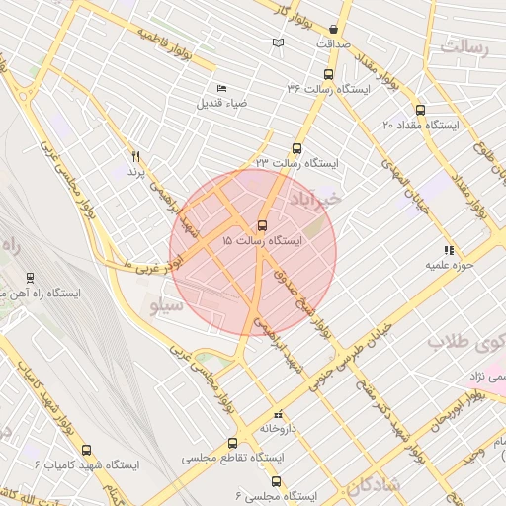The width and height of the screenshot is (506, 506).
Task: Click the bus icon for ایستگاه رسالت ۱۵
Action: coord(262,225)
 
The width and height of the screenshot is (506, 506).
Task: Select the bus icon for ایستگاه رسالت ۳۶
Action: coord(328,74)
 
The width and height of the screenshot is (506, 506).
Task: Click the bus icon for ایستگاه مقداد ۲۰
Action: coord(421,111)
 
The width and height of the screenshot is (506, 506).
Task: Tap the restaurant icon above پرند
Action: coord(135,156)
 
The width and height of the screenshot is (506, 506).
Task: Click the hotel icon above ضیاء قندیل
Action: coord(220,88)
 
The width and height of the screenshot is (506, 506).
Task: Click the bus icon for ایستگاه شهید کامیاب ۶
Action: coord(86,449)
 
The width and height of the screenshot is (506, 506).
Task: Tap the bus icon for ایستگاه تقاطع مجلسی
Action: coord(233,444)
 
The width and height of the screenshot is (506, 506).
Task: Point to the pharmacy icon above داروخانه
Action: coord(278,414)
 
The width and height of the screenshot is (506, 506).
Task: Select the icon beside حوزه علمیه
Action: coord(449,249)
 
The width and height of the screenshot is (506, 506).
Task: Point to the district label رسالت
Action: coord(469,46)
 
